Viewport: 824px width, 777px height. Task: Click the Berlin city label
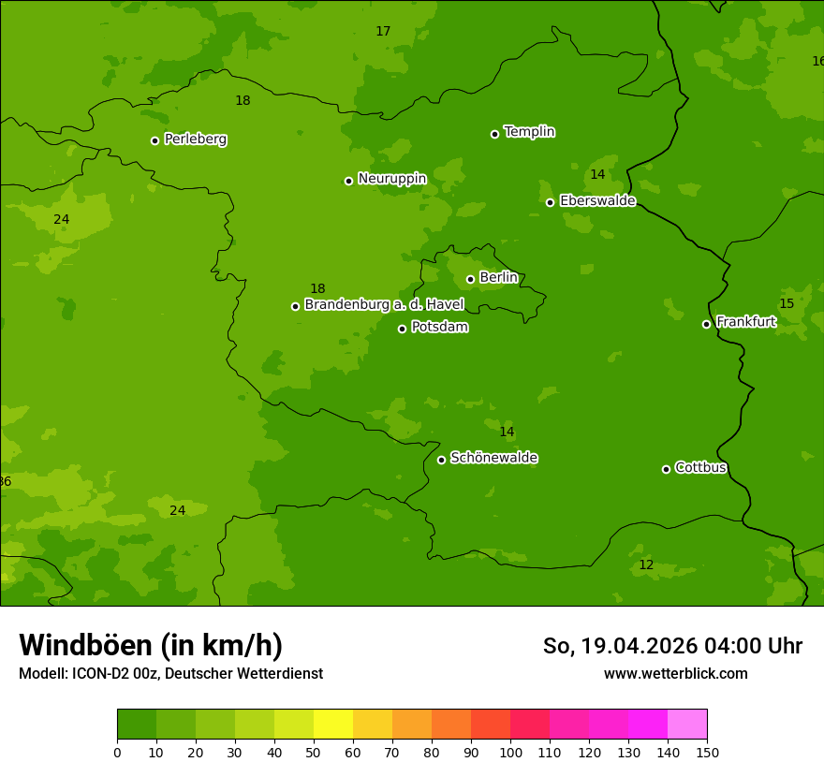tap(498, 278)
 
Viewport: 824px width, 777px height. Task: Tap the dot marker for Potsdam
tap(403, 329)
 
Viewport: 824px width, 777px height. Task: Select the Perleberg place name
tap(195, 139)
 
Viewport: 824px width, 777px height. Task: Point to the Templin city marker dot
tap(494, 134)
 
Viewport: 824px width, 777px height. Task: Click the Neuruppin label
tap(391, 179)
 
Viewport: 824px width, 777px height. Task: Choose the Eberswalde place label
tap(597, 201)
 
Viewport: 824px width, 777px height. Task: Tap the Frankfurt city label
tap(745, 322)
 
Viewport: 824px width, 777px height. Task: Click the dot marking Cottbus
tap(666, 469)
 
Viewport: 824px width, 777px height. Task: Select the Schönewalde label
tap(493, 458)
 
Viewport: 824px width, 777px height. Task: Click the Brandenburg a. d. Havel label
tap(384, 305)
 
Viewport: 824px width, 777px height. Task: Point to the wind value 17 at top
tap(383, 32)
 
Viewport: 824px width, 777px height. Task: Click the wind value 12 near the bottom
tap(646, 565)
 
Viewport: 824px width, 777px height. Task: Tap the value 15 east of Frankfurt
tap(787, 304)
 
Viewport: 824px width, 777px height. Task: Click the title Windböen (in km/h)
tap(151, 645)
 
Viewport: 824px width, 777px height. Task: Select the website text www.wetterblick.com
tap(675, 674)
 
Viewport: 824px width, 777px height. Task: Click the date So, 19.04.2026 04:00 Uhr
tap(672, 646)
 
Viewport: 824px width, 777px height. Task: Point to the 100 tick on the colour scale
tap(510, 753)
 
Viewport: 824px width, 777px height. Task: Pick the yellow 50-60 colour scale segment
tap(333, 725)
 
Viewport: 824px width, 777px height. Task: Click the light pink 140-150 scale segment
tap(687, 725)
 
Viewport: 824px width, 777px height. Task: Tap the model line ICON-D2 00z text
tap(170, 674)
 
